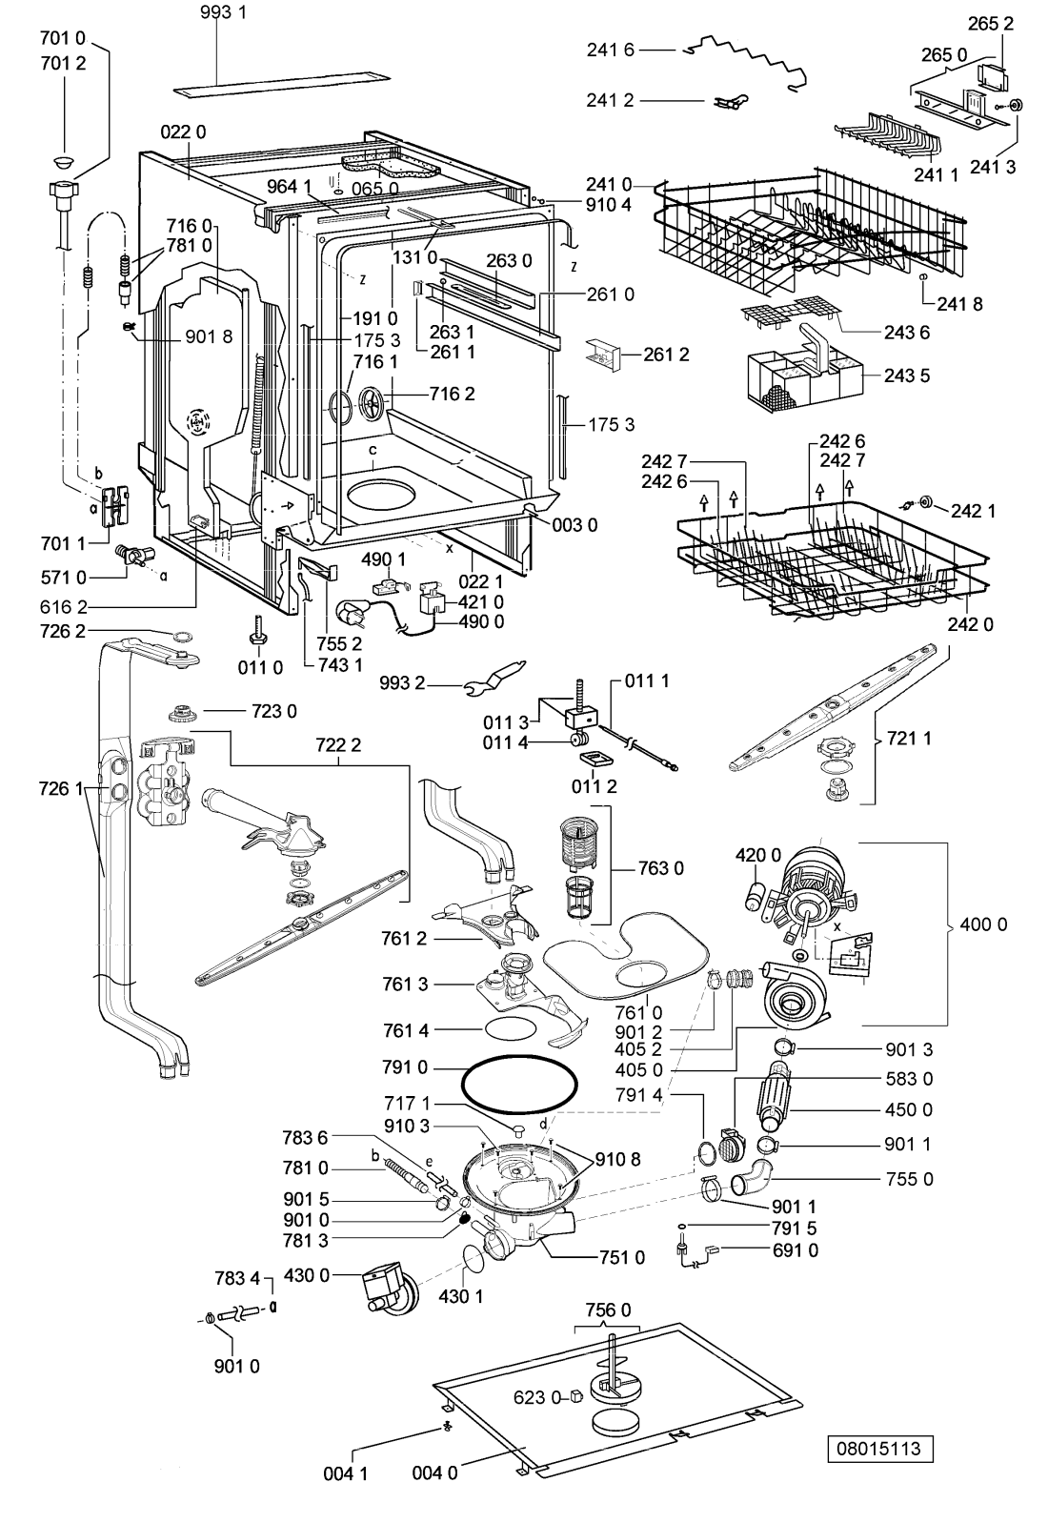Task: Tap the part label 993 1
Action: pos(223,12)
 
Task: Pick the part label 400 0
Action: pos(983,924)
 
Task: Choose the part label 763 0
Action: pos(660,868)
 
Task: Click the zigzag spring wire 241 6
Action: pos(747,60)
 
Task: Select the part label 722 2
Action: pos(338,745)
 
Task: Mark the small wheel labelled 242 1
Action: pos(924,502)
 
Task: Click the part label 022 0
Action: pos(183,132)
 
